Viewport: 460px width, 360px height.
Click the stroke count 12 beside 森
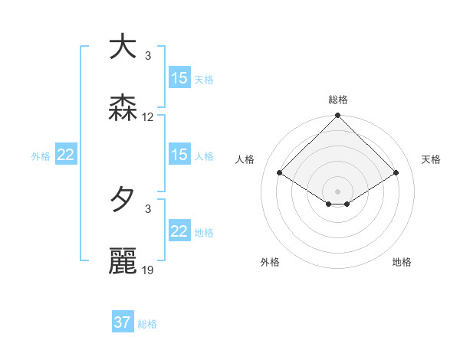[148, 117]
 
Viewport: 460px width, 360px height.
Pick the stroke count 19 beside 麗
[148, 270]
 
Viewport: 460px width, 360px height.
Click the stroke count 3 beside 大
[148, 55]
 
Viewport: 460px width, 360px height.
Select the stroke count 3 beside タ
[148, 208]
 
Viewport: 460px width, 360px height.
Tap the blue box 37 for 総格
[123, 322]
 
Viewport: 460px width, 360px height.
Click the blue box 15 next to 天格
[179, 78]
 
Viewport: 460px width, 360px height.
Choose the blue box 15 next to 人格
[179, 155]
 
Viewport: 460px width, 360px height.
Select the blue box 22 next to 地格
[179, 231]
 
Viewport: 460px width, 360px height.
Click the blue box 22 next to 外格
[66, 155]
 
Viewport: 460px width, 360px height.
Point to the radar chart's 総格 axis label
[338, 100]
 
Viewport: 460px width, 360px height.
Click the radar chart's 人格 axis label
[245, 159]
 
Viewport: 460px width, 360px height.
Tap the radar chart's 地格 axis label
[402, 262]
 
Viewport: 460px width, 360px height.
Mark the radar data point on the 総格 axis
[338, 116]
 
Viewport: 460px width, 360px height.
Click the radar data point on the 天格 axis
[396, 173]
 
